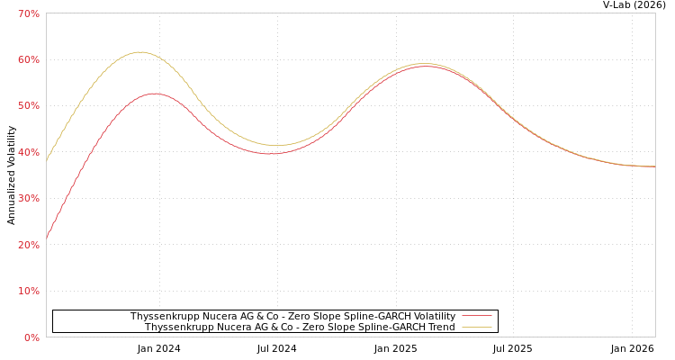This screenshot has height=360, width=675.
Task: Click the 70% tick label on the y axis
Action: pos(29,13)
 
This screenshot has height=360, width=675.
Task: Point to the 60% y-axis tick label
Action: pos(29,59)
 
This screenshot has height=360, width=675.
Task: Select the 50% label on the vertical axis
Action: pos(29,106)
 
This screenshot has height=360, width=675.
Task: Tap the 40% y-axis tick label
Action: pos(29,152)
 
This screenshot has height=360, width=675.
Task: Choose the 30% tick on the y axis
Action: pos(29,199)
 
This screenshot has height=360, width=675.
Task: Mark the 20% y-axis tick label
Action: pos(29,245)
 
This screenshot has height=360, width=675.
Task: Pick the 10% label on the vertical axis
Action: pos(29,292)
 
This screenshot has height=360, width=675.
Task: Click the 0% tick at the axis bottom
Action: pos(31,337)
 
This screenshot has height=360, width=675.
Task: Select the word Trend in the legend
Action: pos(439,328)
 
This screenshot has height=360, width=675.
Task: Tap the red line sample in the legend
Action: pos(476,317)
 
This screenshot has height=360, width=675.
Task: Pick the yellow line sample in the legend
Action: pos(476,328)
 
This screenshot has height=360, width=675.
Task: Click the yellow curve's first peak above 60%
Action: pos(139,52)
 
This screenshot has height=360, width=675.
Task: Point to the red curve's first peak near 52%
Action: pos(154,94)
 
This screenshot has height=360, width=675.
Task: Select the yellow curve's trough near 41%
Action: pos(275,146)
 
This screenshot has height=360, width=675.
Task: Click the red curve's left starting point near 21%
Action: pos(47,238)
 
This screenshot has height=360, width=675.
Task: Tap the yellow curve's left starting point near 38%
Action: pos(47,159)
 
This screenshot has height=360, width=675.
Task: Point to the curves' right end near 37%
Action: pos(653,166)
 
